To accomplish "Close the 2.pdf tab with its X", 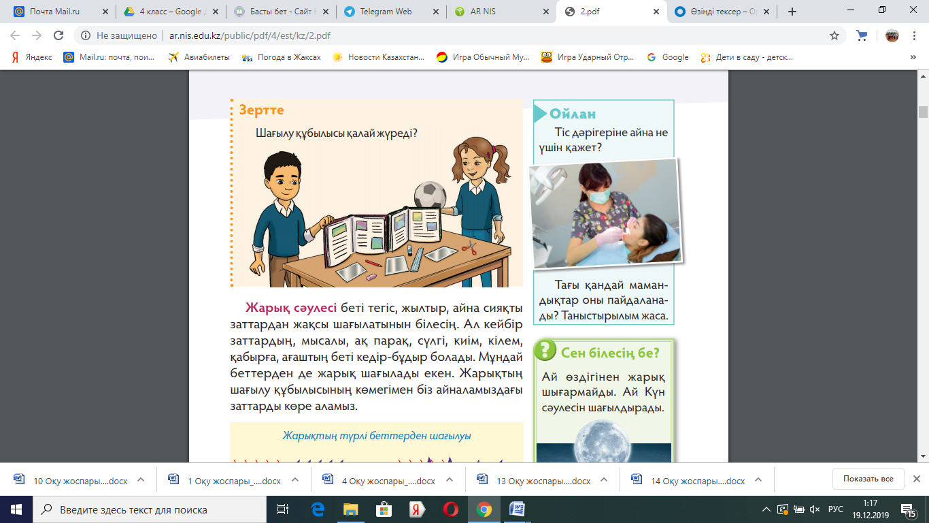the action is click(656, 12).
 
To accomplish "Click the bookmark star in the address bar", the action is click(834, 35).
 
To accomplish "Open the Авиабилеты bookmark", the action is click(199, 57).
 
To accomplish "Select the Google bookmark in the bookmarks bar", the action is click(668, 57).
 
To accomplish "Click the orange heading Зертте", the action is click(261, 110).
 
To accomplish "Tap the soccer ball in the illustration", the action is click(430, 195).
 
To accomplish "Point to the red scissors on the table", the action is click(469, 248).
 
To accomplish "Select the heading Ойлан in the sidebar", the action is click(573, 114).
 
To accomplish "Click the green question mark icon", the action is click(545, 350).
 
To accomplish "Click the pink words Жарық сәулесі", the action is click(290, 308).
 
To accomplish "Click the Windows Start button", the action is click(16, 509).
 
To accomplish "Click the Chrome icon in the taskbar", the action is click(484, 509).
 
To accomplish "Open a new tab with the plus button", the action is click(792, 12).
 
